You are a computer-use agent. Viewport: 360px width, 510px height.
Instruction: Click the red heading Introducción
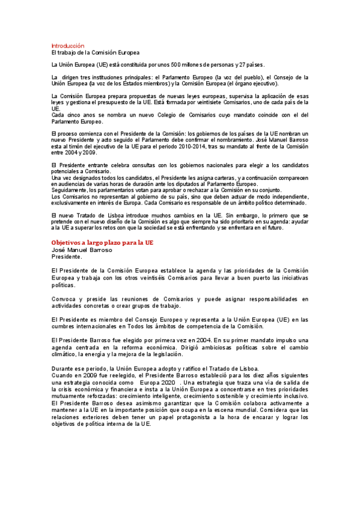[67, 46]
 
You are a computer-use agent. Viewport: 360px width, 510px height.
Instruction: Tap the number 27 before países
[243, 64]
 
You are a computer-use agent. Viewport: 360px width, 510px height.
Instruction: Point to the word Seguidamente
[71, 190]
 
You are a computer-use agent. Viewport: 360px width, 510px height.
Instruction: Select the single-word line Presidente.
[67, 239]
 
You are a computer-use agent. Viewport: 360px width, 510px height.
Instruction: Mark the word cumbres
[66, 326]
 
